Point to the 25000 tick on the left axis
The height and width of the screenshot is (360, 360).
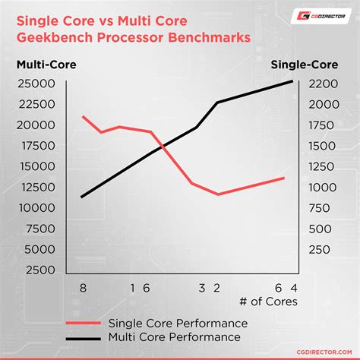[x=36, y=84]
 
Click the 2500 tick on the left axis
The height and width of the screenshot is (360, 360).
[x=39, y=270]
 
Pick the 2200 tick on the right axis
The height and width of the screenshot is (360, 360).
[x=324, y=84]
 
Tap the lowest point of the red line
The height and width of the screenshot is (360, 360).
[x=219, y=194]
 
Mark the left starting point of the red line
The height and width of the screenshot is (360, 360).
[x=83, y=116]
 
